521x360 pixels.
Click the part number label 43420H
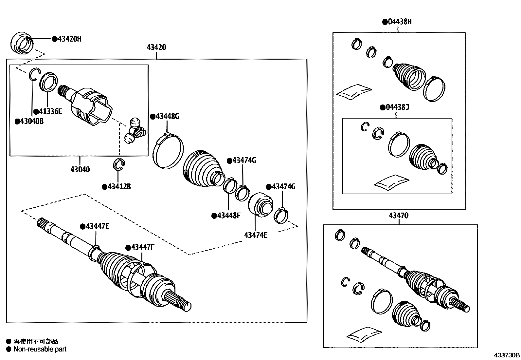[69, 39]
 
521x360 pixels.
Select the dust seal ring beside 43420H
[22, 43]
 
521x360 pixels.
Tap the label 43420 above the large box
[156, 47]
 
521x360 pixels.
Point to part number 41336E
[50, 111]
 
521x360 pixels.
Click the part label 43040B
[32, 121]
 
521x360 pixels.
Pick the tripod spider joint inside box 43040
[135, 131]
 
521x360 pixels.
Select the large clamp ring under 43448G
[168, 151]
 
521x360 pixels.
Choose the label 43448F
[229, 216]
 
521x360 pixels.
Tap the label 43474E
[256, 235]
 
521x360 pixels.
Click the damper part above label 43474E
[261, 205]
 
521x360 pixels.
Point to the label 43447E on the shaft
[97, 226]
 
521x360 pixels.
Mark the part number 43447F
[143, 247]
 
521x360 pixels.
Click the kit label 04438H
[400, 22]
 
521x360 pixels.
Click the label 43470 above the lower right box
[399, 216]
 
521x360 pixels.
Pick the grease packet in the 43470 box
[364, 335]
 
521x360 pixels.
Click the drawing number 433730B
[507, 355]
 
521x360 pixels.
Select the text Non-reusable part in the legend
[40, 349]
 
